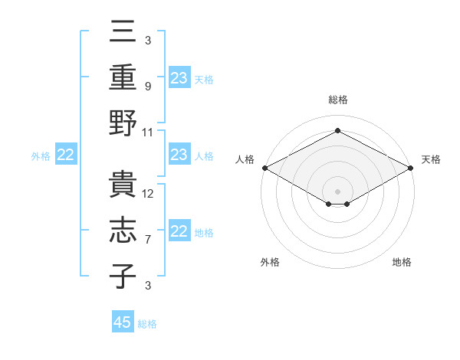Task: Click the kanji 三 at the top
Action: click(123, 33)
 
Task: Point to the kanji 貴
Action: click(123, 184)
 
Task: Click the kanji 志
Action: click(123, 230)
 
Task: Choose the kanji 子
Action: click(123, 275)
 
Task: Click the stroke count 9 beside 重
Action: click(147, 87)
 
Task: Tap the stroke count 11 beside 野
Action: click(148, 132)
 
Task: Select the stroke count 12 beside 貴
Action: click(149, 194)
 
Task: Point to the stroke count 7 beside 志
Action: click(147, 240)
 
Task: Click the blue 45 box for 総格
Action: click(123, 322)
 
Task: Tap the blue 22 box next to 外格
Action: click(66, 155)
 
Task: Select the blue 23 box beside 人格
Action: click(179, 155)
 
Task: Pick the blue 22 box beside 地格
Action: click(179, 232)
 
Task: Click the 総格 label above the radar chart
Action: click(337, 100)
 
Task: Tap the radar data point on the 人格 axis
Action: click(264, 167)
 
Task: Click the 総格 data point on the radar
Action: click(337, 130)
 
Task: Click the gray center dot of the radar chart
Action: click(337, 190)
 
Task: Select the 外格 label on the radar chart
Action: click(270, 262)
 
